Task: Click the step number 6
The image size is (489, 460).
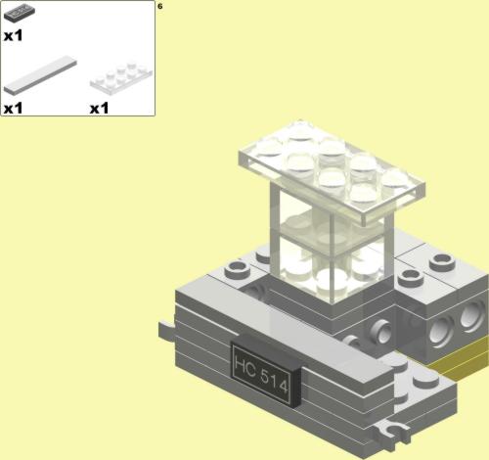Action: click(159, 6)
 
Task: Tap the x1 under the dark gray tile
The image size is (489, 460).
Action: click(14, 35)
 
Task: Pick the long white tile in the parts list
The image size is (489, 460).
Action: click(40, 74)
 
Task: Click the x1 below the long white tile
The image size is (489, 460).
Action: click(14, 109)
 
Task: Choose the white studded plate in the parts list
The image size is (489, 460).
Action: click(121, 76)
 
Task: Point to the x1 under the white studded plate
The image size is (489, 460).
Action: click(99, 109)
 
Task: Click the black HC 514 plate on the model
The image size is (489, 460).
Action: click(265, 371)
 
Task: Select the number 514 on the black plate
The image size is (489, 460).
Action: click(275, 381)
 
